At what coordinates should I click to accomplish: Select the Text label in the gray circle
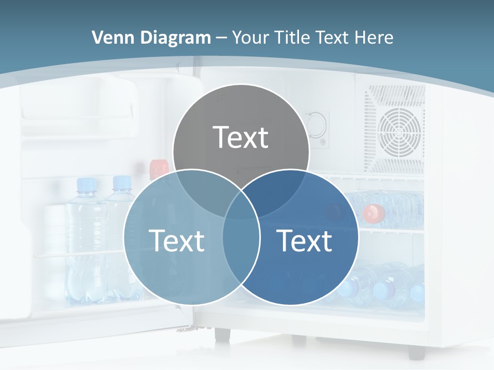coord(241,137)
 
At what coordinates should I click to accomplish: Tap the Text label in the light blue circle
coord(177,240)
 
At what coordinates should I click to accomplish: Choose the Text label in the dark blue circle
coord(304,240)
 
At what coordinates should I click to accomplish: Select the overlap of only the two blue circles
coord(241,257)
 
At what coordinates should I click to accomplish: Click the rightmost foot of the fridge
coord(416,353)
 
